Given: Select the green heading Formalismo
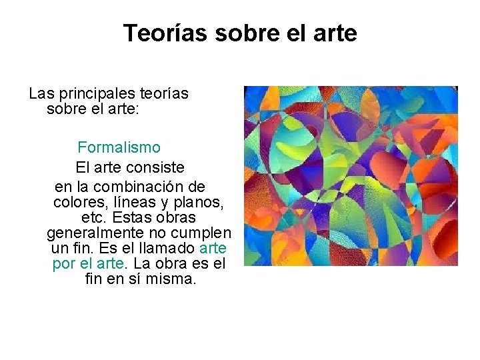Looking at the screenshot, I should [x=119, y=147].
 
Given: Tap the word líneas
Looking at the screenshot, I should [x=137, y=202].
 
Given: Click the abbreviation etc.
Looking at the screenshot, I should [x=94, y=217].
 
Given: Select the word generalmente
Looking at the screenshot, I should [x=97, y=233].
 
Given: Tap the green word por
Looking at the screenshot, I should [x=64, y=263].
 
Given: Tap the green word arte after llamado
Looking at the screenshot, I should [x=213, y=248].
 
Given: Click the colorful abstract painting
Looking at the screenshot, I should [x=351, y=176].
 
